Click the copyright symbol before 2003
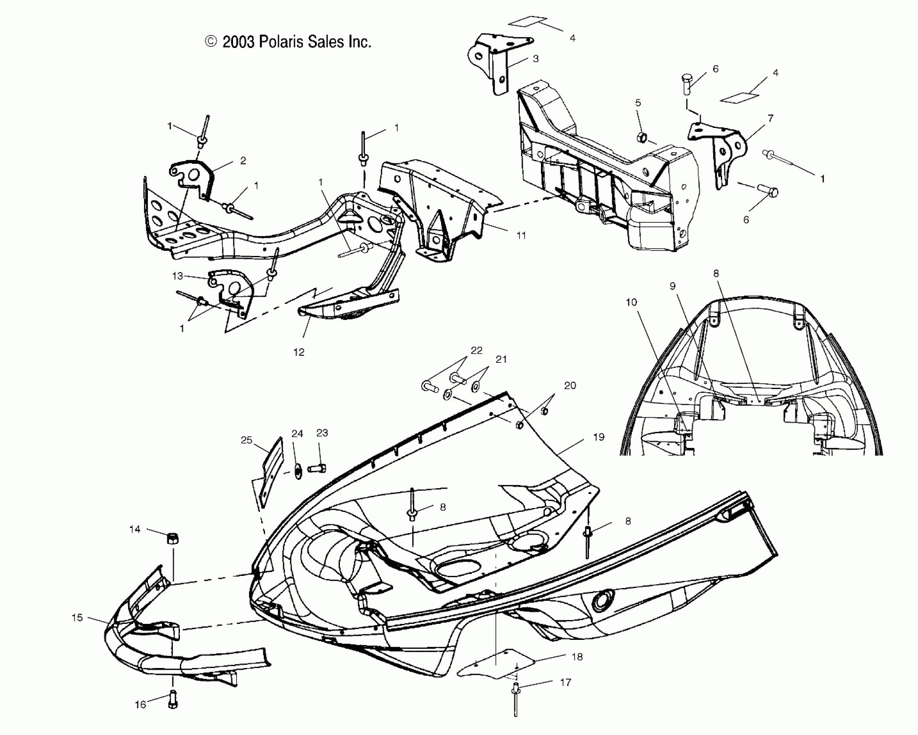[x=211, y=42]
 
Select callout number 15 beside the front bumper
[x=77, y=617]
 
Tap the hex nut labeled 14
[x=173, y=539]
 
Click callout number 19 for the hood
[x=598, y=437]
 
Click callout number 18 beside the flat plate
[x=577, y=656]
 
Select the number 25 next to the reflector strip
[x=246, y=441]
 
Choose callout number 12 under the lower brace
[x=299, y=352]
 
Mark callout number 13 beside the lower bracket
[x=178, y=276]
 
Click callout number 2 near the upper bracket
[x=243, y=160]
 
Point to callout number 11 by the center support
[x=521, y=235]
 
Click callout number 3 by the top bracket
[x=535, y=59]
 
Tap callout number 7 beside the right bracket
[x=770, y=118]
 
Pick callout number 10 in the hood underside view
[x=631, y=302]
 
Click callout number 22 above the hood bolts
[x=477, y=350]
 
